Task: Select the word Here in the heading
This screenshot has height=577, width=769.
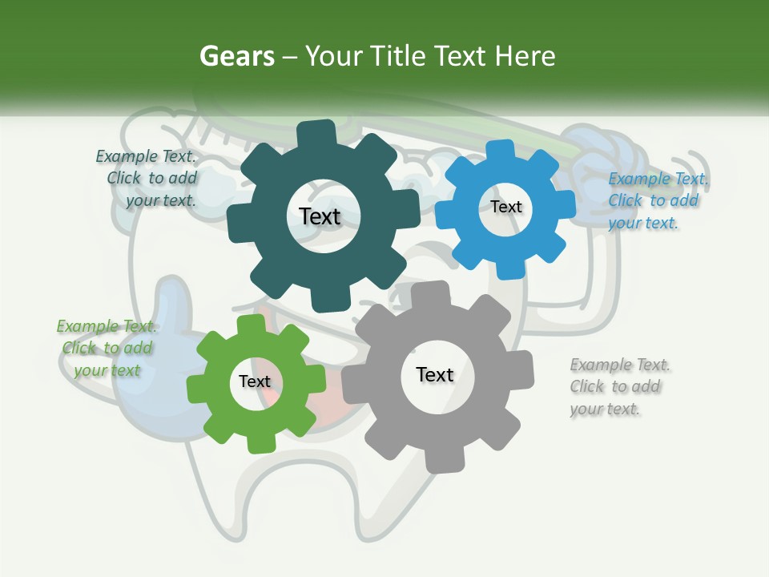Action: [x=525, y=57]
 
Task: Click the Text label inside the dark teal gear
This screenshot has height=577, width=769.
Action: [x=320, y=216]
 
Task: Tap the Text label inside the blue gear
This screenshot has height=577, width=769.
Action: [x=505, y=207]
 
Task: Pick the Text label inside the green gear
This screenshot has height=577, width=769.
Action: [x=254, y=381]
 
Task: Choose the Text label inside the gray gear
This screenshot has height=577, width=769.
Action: [x=434, y=374]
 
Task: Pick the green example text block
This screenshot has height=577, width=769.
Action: [x=107, y=348]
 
